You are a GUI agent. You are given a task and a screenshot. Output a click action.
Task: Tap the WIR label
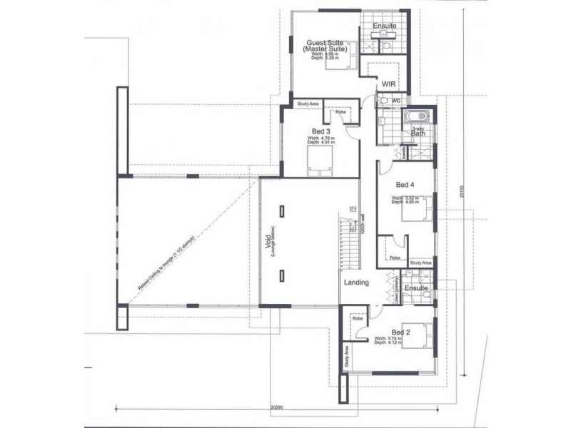point(389,84)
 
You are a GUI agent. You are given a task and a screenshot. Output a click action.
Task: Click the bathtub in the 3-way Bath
point(415,118)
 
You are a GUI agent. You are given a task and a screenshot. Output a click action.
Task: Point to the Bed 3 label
point(320,131)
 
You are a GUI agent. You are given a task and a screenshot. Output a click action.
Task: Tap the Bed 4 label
point(405,183)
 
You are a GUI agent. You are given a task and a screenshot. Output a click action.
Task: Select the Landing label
point(356,282)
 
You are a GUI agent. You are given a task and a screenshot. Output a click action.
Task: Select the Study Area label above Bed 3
point(308,104)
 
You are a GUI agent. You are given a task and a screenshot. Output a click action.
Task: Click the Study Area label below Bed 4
point(421,263)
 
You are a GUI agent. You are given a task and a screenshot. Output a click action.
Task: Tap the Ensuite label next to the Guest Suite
point(385,26)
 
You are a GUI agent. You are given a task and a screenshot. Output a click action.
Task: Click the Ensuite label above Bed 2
point(415,287)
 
